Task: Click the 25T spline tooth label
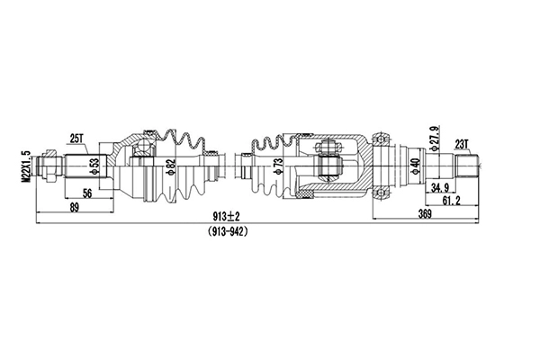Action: click(76, 138)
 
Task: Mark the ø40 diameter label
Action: click(415, 166)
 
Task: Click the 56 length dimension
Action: click(88, 193)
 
